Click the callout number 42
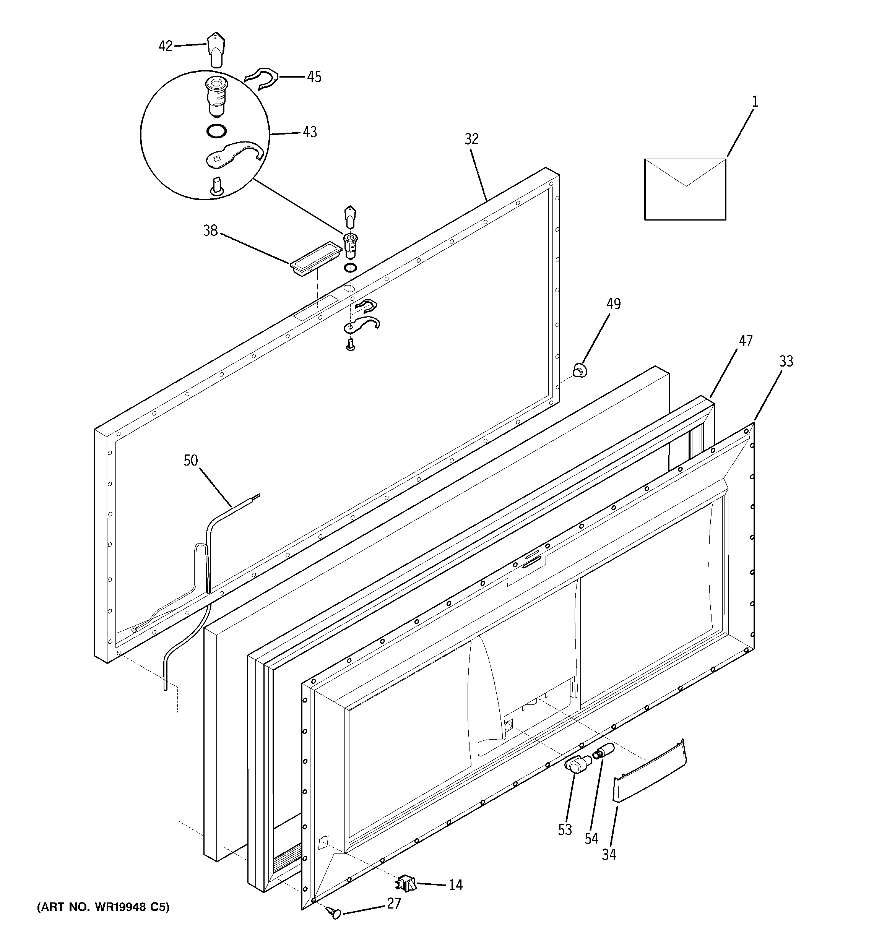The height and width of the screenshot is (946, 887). pyautogui.click(x=165, y=46)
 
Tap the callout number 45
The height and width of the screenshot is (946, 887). pyautogui.click(x=314, y=76)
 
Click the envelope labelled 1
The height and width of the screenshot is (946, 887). pyautogui.click(x=685, y=189)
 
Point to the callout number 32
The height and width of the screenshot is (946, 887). pyautogui.click(x=471, y=139)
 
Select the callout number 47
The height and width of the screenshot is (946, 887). pyautogui.click(x=746, y=340)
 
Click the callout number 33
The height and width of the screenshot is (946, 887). pyautogui.click(x=786, y=361)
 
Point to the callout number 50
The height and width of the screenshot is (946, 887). pyautogui.click(x=190, y=460)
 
